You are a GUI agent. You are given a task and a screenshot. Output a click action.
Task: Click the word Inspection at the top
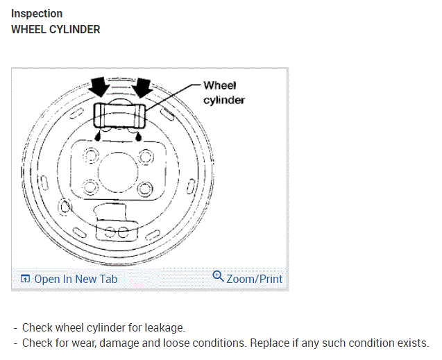37,13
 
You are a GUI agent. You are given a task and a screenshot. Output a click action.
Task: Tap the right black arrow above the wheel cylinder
142,88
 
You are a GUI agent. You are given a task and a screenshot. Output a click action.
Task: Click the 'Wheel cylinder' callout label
223,92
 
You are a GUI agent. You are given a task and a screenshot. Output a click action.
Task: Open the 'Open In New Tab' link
76,279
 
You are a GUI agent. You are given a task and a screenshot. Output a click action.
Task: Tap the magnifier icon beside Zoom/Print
218,277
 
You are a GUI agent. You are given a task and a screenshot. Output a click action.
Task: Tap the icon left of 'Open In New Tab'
25,279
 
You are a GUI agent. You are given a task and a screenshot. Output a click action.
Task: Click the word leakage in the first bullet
165,327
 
